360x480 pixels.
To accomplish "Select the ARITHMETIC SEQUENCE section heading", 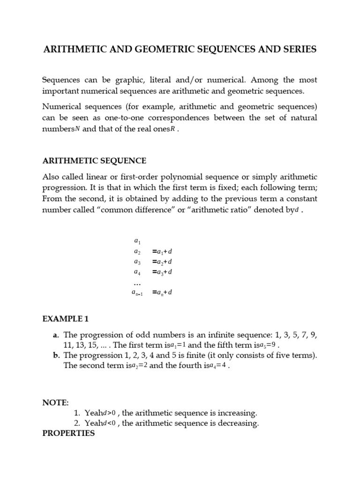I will coord(94,161).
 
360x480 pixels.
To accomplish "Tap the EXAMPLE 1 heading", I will coord(65,319).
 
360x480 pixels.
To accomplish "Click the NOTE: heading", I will coord(55,403).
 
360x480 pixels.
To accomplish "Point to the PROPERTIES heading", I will coord(68,434).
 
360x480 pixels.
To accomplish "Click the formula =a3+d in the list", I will coord(162,272).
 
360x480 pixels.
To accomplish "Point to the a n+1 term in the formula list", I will coord(137,292).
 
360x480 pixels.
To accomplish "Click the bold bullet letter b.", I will coord(56,355).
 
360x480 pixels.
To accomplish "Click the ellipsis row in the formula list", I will coord(137,283).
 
